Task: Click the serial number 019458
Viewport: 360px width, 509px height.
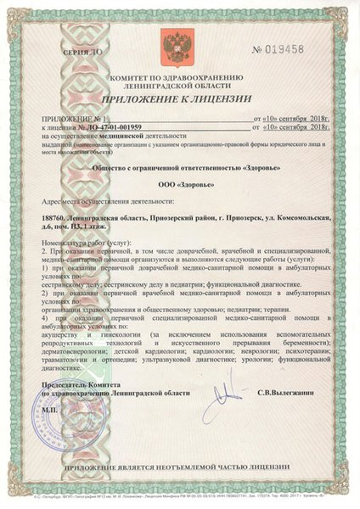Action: pyautogui.click(x=301, y=50)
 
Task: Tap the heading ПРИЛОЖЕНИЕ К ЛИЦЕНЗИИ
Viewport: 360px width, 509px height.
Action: pyautogui.click(x=180, y=98)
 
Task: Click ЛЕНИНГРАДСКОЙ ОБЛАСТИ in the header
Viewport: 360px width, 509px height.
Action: pyautogui.click(x=180, y=87)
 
